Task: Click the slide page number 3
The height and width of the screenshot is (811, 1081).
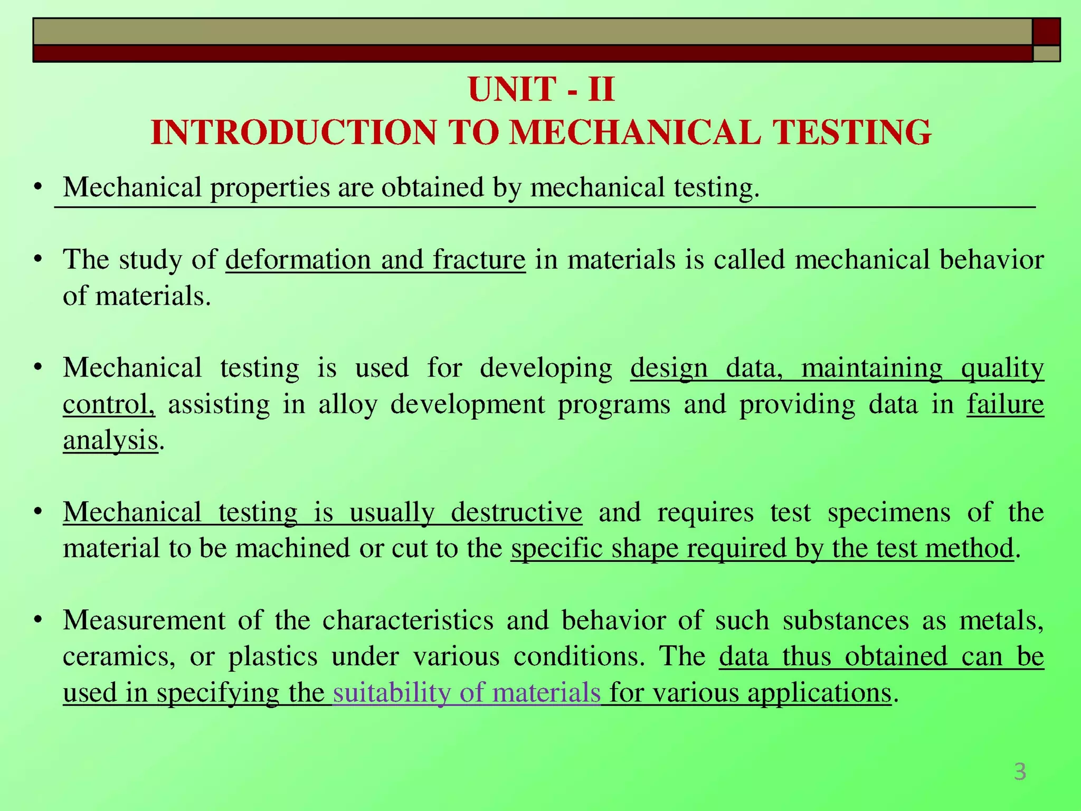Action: click(1020, 772)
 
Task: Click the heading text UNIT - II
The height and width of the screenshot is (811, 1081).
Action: click(541, 89)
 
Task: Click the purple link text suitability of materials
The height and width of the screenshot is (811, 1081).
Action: click(467, 693)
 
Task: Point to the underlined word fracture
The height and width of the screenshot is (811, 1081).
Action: click(479, 260)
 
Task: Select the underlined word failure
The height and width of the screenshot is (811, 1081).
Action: click(1005, 404)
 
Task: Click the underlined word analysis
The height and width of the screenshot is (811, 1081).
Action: click(110, 440)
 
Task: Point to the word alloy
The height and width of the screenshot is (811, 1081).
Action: click(348, 404)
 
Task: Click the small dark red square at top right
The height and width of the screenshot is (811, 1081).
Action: click(1046, 32)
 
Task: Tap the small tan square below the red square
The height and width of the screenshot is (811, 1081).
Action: click(1046, 53)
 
